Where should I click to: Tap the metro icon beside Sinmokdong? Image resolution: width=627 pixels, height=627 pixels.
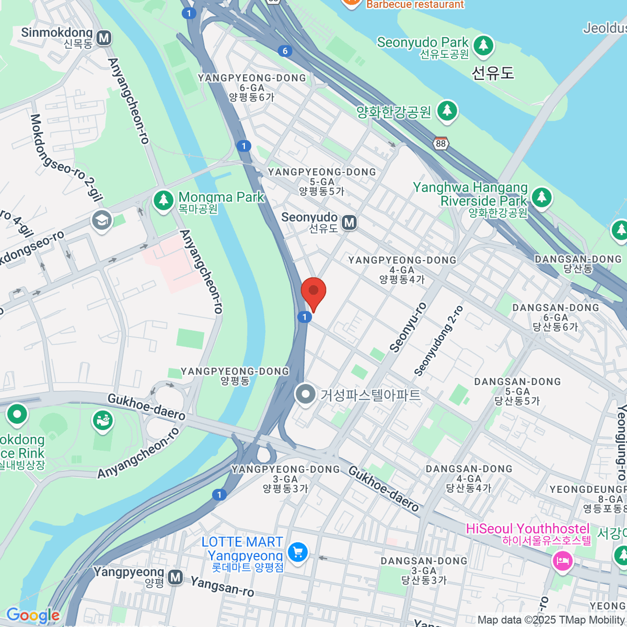point(104,38)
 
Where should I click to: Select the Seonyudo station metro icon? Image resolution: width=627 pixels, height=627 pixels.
point(349,223)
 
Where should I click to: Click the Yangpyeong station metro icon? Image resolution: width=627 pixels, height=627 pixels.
point(176,577)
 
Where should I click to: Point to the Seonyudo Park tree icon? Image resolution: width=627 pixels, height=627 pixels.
point(483,45)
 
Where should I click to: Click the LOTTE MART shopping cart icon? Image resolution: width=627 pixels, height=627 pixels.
point(298,552)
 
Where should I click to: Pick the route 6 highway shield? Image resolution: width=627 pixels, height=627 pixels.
point(285,51)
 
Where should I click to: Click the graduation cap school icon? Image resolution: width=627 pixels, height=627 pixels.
point(102,220)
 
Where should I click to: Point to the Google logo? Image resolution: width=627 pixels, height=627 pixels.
point(33,616)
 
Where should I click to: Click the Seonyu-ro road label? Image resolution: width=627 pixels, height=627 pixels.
point(408,327)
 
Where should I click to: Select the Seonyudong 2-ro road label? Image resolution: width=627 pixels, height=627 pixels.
point(438,341)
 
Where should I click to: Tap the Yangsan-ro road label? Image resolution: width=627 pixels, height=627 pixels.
point(222,586)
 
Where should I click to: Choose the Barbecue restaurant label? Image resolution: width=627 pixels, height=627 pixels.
point(415,5)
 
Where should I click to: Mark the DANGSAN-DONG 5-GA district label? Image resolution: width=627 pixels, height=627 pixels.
point(517,391)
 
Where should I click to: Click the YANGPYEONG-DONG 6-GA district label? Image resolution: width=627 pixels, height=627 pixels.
point(252,87)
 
